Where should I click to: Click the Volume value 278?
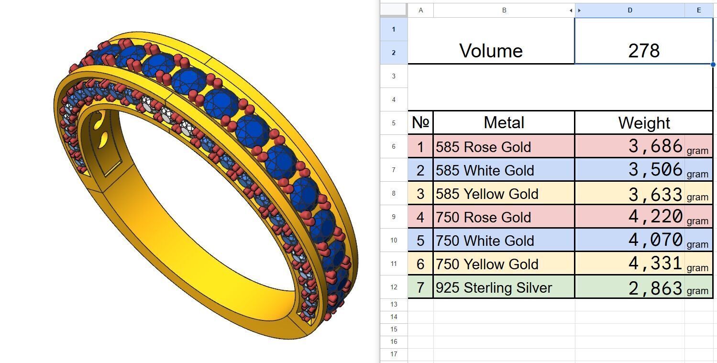643,51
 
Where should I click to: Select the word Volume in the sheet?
491,51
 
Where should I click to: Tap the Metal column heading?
504,123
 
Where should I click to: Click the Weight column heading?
644,123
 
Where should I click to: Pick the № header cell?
420,123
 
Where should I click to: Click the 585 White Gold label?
485,170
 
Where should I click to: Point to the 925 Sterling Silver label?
494,287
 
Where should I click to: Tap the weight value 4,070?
655,240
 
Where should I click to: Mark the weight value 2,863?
655,287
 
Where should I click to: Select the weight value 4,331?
655,264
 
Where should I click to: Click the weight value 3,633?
655,194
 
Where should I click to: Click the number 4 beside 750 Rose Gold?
420,217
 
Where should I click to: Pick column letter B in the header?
504,10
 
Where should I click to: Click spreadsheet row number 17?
394,354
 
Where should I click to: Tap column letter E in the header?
698,10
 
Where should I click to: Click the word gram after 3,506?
697,174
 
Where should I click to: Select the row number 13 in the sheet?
394,305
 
